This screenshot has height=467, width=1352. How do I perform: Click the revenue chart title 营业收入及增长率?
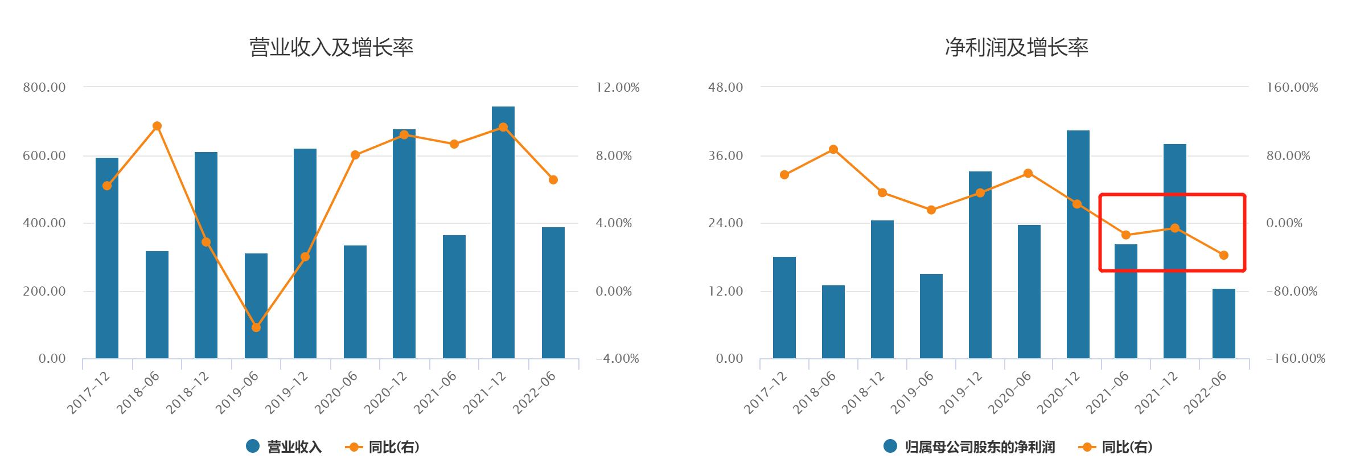[x=331, y=47]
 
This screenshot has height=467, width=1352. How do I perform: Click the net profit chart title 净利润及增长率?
[x=1016, y=47]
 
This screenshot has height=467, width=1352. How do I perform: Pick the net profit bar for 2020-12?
[x=1078, y=245]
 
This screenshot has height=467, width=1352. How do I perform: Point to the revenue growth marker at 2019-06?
[x=256, y=327]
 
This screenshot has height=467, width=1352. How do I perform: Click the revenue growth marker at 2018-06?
[x=158, y=126]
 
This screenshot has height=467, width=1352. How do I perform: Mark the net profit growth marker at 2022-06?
[x=1224, y=255]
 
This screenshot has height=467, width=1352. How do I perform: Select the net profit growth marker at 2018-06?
[x=833, y=149]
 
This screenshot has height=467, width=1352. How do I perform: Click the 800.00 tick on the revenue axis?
[x=44, y=88]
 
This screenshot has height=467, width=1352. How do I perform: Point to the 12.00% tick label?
[x=618, y=88]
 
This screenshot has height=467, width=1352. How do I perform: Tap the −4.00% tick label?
[x=618, y=359]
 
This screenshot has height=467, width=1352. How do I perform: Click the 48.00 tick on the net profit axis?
[x=726, y=88]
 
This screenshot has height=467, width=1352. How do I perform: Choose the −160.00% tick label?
[x=1296, y=359]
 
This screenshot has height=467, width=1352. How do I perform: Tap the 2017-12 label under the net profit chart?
[x=766, y=393]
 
